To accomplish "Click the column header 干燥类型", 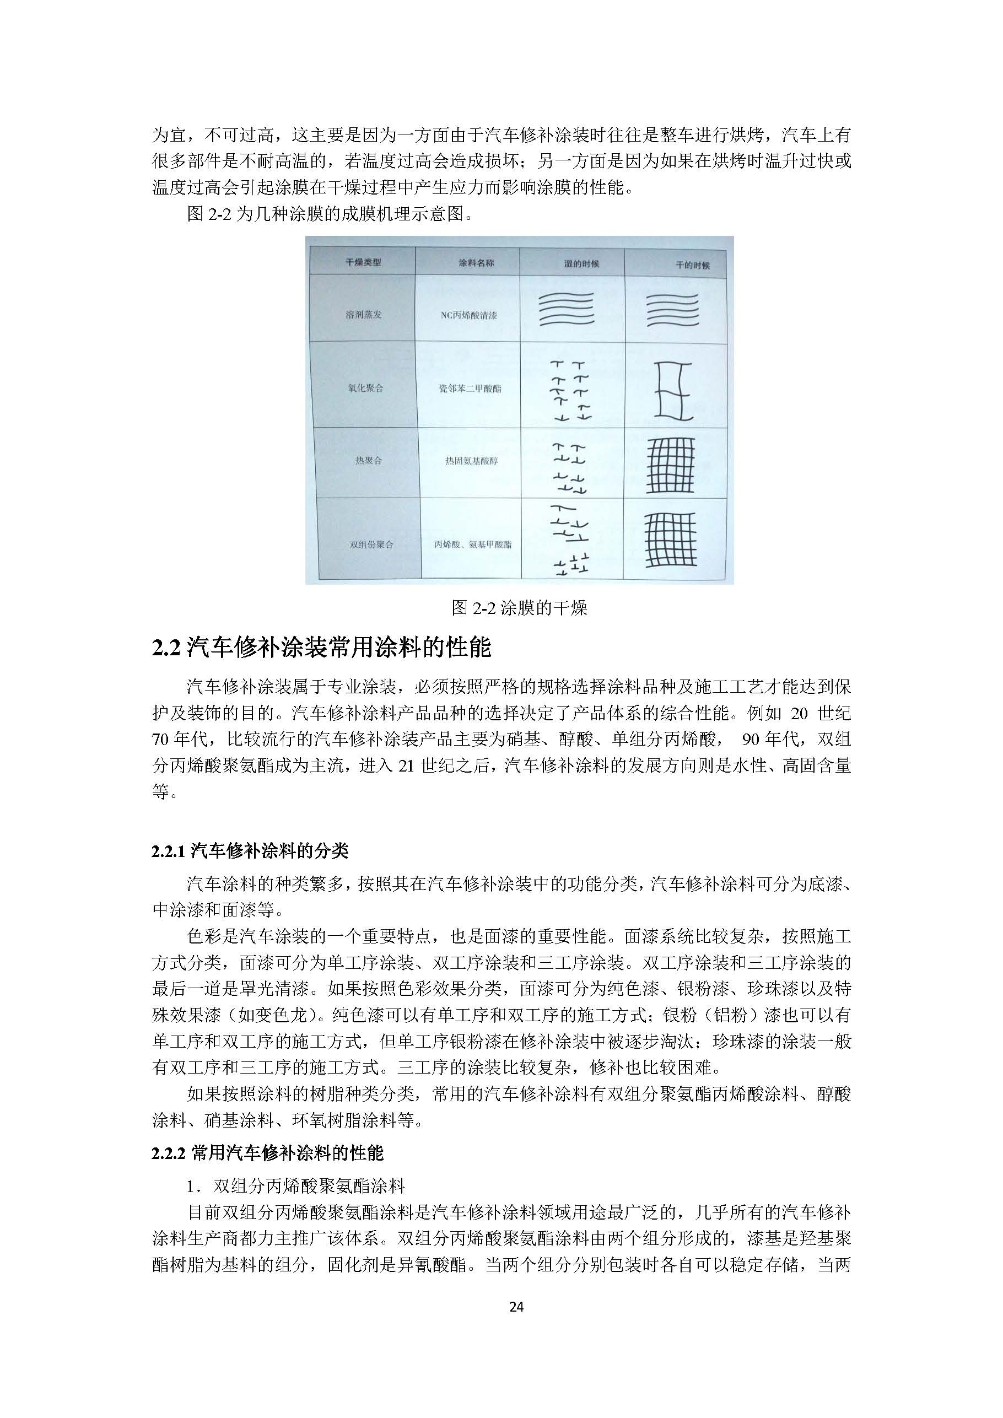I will [363, 262].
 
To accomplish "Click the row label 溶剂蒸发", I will [364, 314].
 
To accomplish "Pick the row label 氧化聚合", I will [365, 388].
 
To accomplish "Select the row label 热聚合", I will [368, 461].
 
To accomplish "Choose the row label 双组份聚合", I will [371, 544].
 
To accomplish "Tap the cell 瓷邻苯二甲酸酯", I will [470, 389].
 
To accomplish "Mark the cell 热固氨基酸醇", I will [471, 461].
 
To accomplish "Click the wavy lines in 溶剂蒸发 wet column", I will [566, 309].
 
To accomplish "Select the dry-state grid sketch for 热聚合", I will [670, 465].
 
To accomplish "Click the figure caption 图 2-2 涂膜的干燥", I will [519, 608].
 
